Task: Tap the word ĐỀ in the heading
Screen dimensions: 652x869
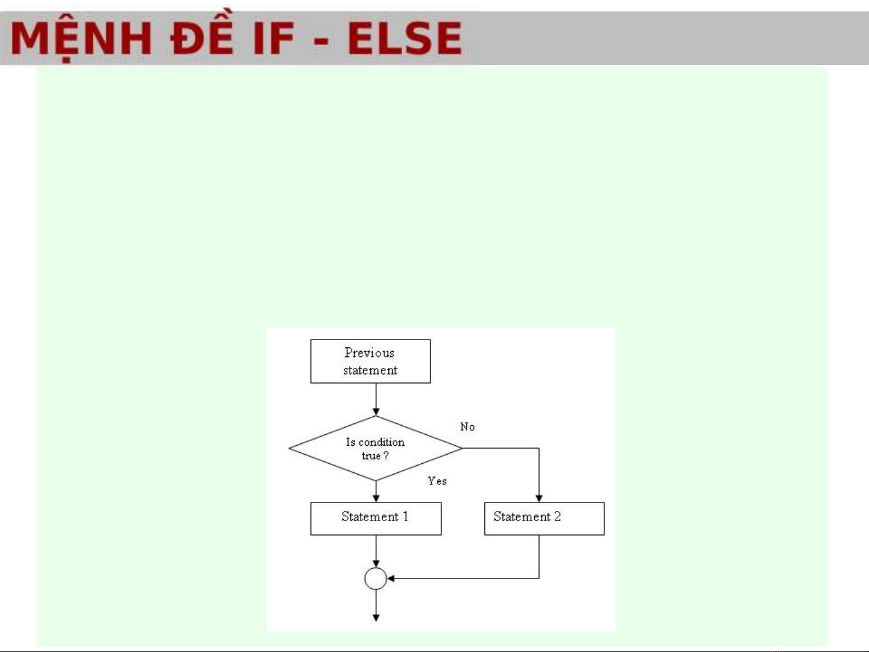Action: [201, 37]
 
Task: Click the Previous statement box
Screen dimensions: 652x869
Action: [370, 361]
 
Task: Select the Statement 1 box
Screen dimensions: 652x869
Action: [376, 518]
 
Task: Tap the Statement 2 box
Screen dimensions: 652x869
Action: [544, 518]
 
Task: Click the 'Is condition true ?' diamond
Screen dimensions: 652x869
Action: [375, 448]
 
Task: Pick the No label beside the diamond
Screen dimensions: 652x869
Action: [467, 427]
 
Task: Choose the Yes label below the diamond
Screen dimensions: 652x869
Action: [437, 481]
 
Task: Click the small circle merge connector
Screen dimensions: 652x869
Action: [375, 578]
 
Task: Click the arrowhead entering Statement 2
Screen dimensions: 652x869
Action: [539, 498]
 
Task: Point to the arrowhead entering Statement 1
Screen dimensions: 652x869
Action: [376, 498]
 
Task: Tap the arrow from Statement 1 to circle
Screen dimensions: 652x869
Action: [376, 550]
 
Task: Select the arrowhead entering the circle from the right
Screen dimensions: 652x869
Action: [391, 578]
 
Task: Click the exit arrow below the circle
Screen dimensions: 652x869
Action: [376, 606]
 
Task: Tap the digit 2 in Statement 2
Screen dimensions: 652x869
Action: [557, 516]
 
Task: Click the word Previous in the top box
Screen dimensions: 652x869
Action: [369, 353]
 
